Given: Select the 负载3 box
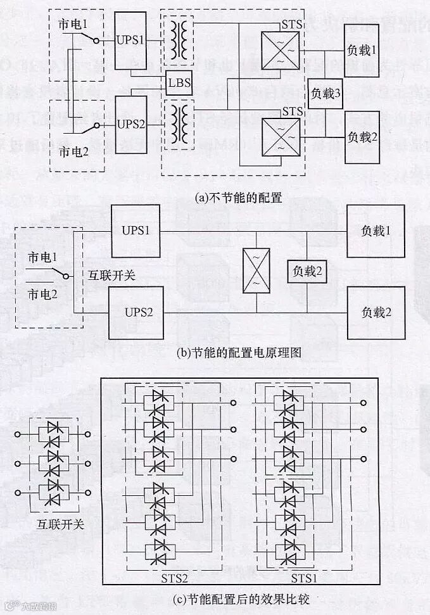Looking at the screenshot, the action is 326,93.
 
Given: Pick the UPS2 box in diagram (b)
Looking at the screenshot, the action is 135,312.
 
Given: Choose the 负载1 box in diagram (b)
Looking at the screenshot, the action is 375,231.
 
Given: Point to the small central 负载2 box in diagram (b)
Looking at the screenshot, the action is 308,272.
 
